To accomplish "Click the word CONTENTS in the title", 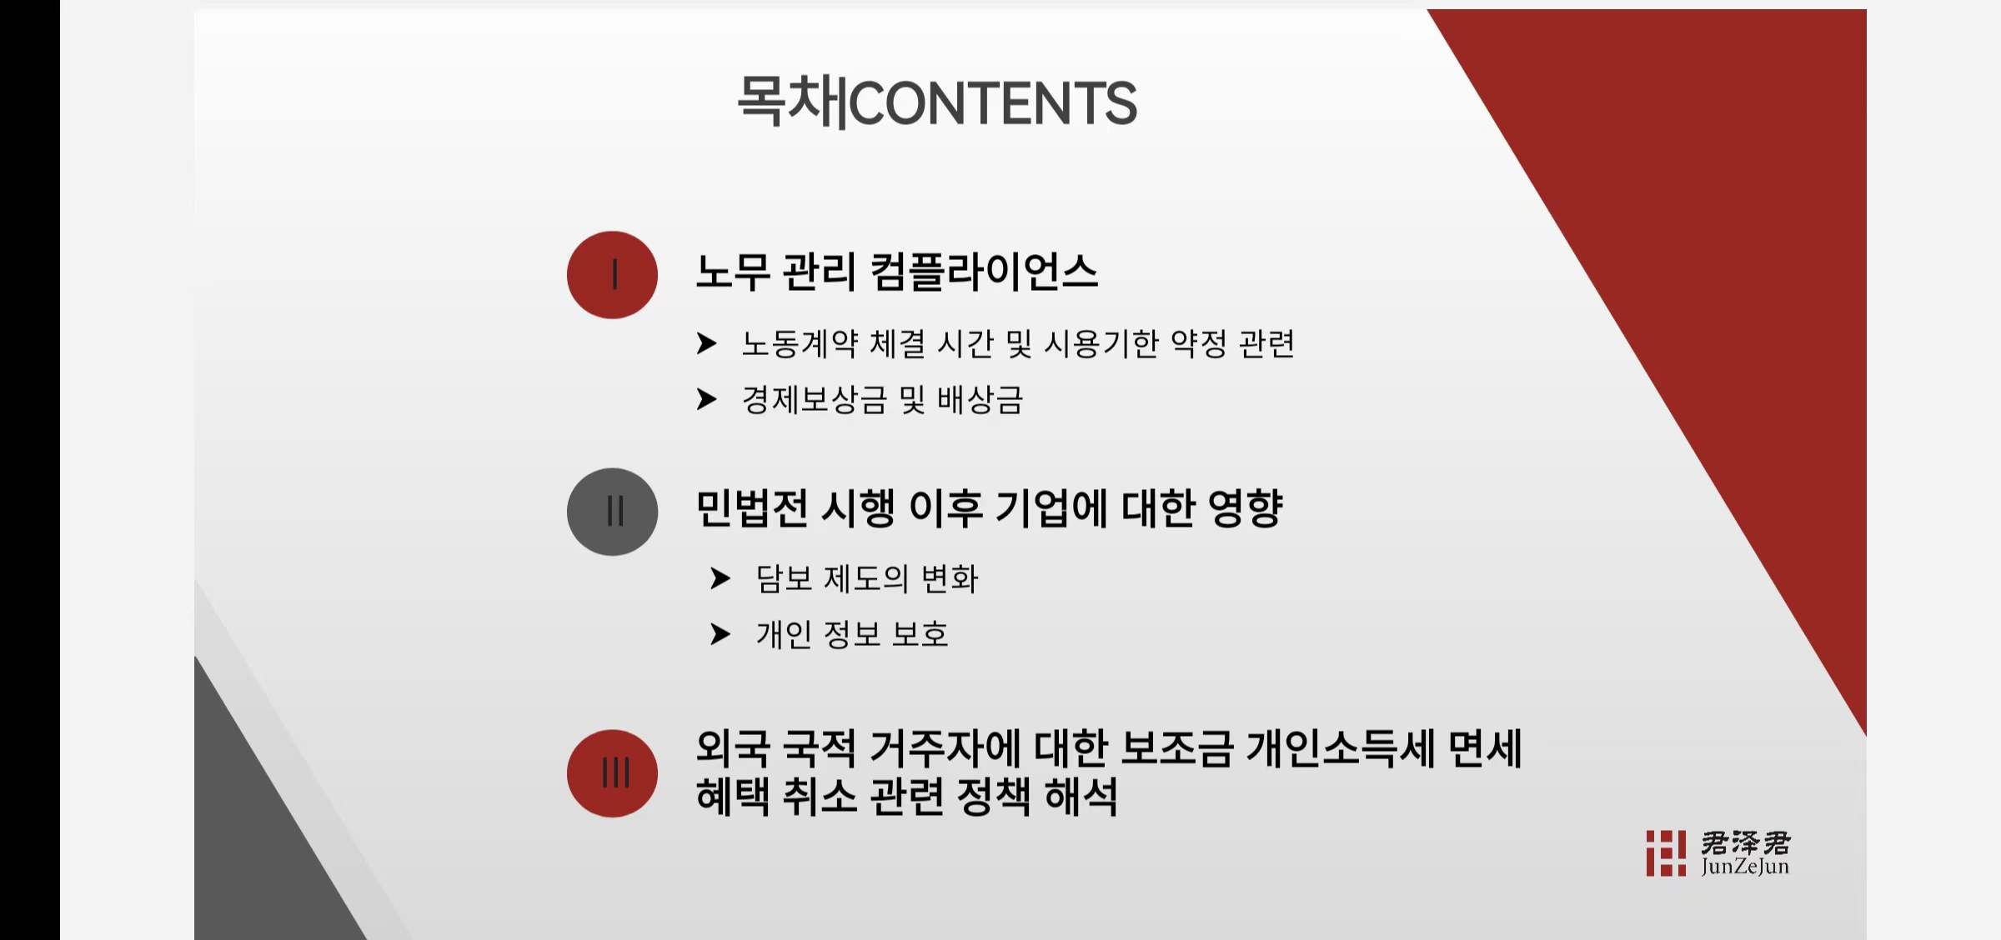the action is [994, 103].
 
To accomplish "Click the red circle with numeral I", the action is [612, 275].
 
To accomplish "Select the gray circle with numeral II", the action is [612, 512].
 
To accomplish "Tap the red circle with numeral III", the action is [612, 773].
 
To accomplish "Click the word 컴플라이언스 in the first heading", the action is [984, 272].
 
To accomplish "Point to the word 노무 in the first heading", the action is [733, 272].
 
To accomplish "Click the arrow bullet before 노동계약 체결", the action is [706, 343].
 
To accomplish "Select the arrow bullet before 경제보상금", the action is [706, 399].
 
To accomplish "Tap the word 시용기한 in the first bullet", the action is [1101, 343].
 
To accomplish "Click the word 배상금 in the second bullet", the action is [980, 400].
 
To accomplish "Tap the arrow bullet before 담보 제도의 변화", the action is [720, 578].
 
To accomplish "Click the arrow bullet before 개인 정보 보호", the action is [720, 634].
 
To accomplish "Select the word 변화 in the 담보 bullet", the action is [950, 578].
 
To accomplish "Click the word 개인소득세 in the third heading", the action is [1341, 748].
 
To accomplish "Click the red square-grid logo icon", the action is [1666, 852].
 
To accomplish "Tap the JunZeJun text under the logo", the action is [1745, 867].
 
